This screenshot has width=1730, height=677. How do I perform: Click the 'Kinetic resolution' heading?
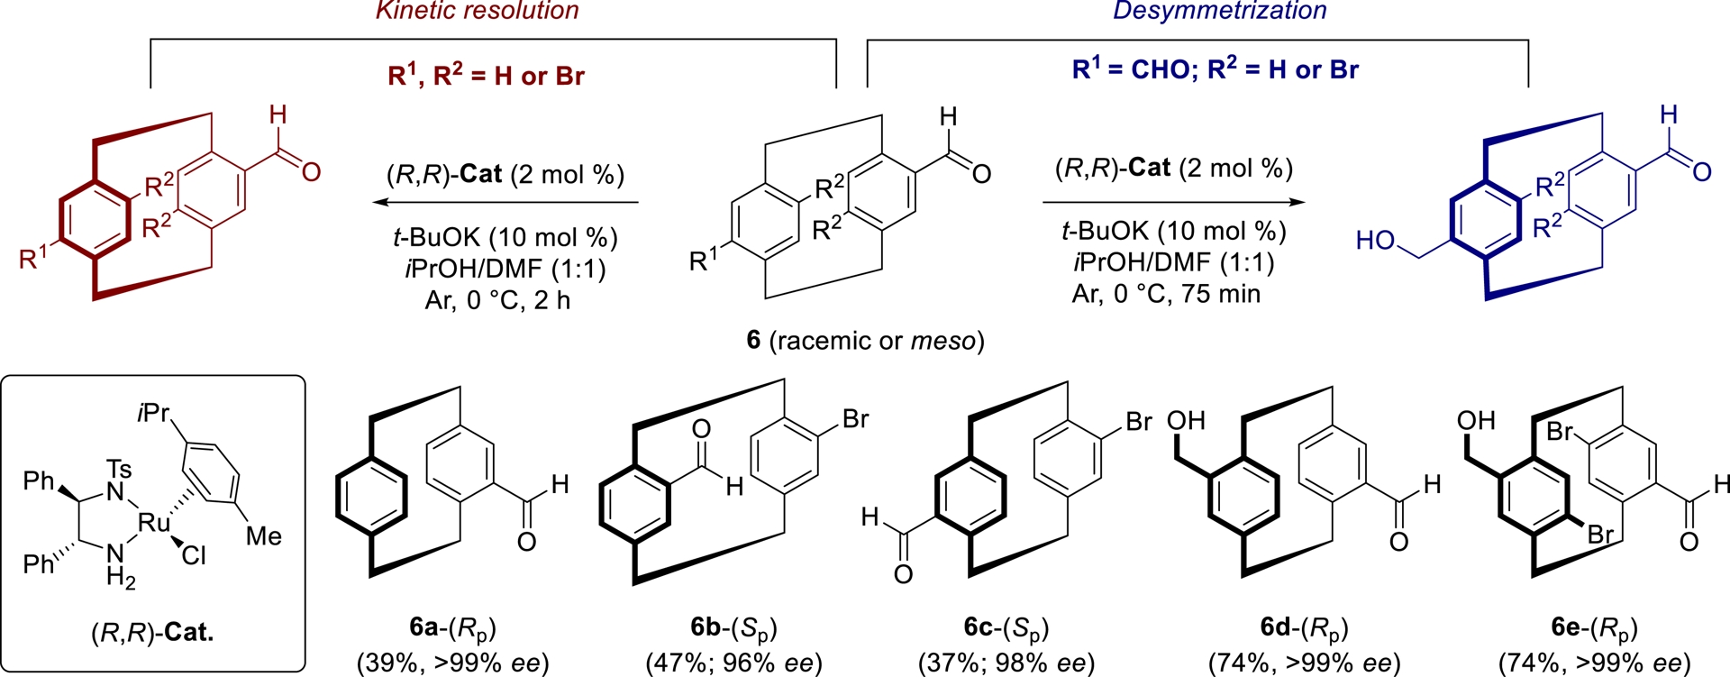(x=477, y=11)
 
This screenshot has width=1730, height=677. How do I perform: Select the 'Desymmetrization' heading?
(x=1219, y=11)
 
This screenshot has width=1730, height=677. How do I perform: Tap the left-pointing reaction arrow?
(x=505, y=203)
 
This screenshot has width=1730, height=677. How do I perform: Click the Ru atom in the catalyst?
(x=154, y=522)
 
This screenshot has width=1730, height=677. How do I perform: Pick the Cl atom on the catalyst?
(x=194, y=556)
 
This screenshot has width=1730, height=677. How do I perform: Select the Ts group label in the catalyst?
(x=119, y=469)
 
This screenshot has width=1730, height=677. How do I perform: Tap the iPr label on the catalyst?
(x=153, y=413)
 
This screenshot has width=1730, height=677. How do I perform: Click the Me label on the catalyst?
(x=263, y=536)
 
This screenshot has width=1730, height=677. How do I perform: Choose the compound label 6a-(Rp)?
(x=452, y=627)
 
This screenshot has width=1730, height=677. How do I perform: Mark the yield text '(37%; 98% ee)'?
(x=1006, y=663)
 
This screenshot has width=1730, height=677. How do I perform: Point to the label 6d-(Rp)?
(x=1304, y=627)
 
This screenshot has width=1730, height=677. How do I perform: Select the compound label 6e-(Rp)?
(x=1594, y=627)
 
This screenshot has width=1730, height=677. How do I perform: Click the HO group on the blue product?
(x=1375, y=241)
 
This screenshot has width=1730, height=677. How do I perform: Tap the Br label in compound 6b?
(x=855, y=419)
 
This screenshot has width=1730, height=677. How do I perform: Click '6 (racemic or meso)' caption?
(x=865, y=341)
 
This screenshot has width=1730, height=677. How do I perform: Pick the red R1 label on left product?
(x=35, y=259)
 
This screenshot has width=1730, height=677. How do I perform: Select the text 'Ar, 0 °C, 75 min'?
(x=1166, y=294)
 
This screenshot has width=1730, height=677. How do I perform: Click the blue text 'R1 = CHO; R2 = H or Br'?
(x=1215, y=69)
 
